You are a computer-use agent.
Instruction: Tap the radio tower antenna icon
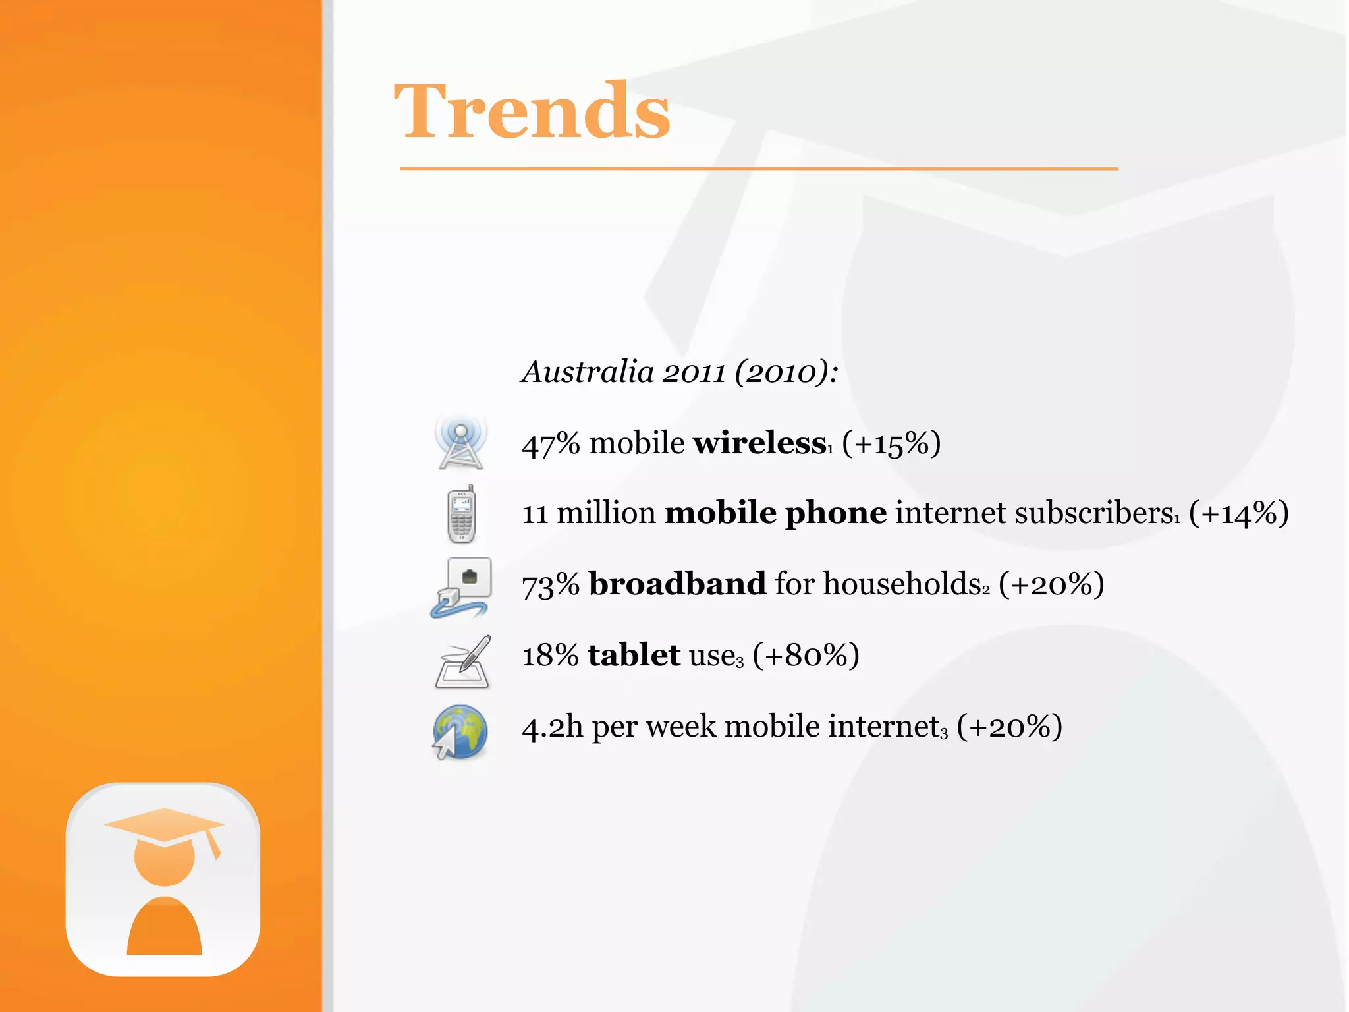click(460, 443)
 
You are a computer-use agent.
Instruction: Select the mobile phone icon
click(461, 515)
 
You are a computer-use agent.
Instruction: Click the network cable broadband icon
click(461, 587)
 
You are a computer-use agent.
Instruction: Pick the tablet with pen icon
click(463, 662)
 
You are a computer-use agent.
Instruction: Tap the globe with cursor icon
click(460, 732)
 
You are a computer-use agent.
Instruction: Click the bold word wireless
click(759, 443)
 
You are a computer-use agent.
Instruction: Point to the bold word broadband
click(677, 584)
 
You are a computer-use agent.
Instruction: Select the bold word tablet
click(634, 656)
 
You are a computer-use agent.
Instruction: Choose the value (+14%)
click(1238, 514)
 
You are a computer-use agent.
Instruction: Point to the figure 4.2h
click(552, 727)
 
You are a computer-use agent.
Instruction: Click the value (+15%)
click(891, 444)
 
